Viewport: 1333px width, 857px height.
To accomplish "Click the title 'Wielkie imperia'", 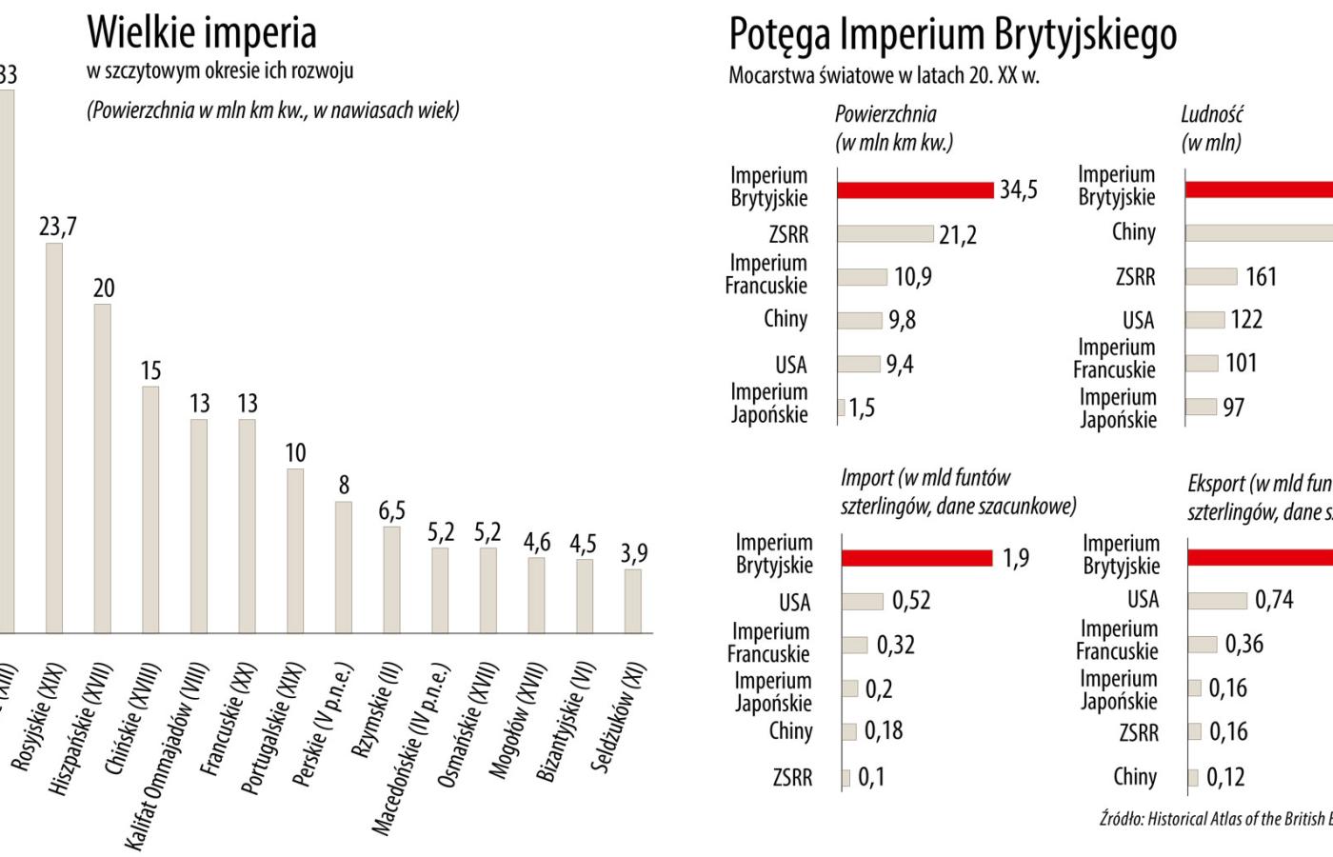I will click(202, 32).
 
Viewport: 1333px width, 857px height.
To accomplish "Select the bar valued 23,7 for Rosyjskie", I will click(54, 438).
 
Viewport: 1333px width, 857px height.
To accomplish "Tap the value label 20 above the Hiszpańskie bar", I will click(104, 288).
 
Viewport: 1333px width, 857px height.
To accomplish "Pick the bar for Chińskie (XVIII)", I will click(150, 509).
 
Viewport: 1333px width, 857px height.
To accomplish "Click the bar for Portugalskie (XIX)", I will click(295, 550).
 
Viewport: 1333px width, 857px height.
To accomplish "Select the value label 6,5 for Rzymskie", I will click(391, 510).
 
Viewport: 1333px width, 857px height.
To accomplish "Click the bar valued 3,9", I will click(632, 601).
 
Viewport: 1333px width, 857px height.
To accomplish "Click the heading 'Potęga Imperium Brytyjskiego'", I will click(953, 34).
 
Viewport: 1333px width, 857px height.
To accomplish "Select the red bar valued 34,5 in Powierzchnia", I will click(915, 189).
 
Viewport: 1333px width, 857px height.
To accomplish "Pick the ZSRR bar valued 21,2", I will click(885, 234).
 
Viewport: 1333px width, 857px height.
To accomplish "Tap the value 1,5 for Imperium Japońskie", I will click(862, 408).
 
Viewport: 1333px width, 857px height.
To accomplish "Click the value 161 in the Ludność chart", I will click(1261, 277).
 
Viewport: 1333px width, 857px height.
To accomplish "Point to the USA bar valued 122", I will click(1205, 319).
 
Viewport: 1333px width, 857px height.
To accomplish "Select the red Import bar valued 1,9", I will click(917, 558).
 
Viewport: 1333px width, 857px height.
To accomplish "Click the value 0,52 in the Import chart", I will click(911, 601).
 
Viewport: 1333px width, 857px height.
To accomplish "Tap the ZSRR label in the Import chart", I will click(792, 778).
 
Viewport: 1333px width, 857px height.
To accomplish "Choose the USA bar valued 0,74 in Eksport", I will click(1217, 600).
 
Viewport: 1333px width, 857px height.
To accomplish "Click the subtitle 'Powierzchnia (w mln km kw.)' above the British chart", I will click(893, 129).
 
